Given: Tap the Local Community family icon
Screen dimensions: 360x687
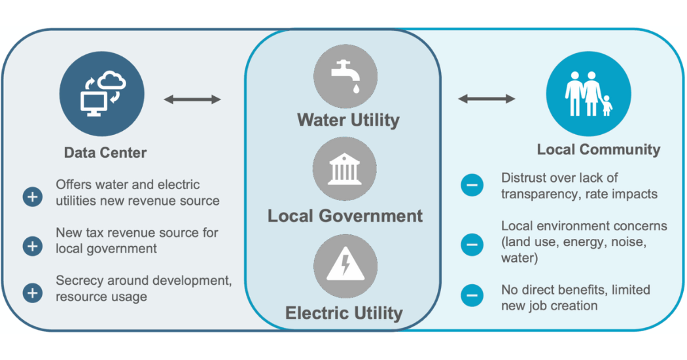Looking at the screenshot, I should point(588,94).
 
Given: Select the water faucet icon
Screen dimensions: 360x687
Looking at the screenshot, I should point(344,77).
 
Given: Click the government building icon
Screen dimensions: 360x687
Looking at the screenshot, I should point(344,169).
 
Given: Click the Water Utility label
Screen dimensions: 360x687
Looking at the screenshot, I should point(348,120).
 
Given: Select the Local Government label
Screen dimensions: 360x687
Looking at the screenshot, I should point(345,216).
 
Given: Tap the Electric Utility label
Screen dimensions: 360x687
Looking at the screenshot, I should point(343,313).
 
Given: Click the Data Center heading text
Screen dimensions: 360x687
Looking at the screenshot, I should point(105,153).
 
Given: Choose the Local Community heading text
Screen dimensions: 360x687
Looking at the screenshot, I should point(598,149).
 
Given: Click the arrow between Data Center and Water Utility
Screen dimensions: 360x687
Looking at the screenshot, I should point(192,99).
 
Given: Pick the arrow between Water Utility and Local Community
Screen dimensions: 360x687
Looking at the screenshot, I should point(486,99).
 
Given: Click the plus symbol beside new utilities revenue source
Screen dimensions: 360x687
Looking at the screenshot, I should point(33,196).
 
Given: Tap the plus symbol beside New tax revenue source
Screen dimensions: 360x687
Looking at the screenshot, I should point(33,246).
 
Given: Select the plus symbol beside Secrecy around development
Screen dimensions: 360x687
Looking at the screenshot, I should point(33,293).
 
